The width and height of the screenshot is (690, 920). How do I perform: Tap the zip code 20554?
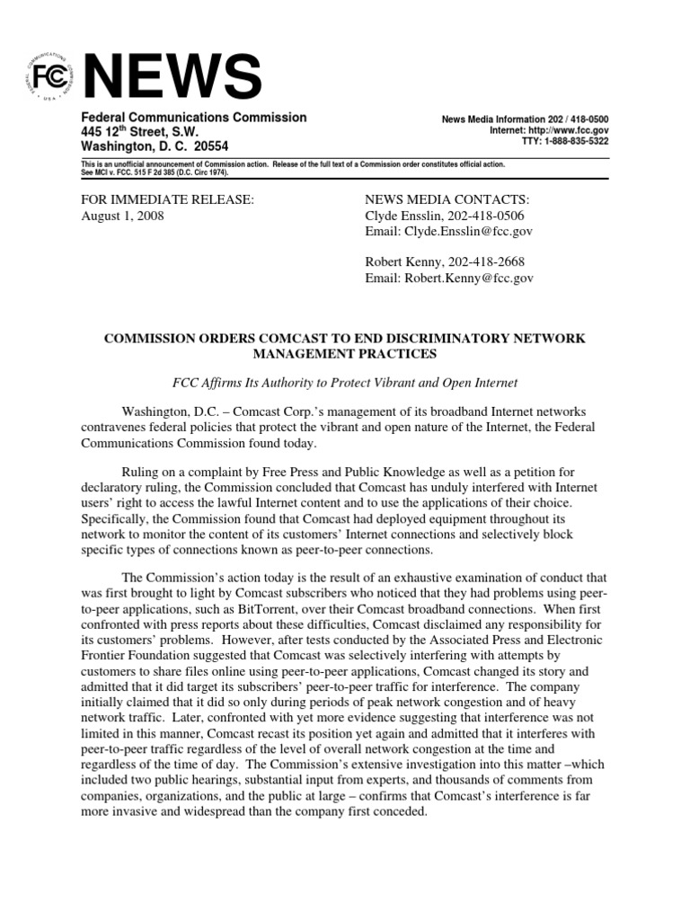pos(209,146)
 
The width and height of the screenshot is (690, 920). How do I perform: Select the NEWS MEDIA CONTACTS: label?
pos(447,199)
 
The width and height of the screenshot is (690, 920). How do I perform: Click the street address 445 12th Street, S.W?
pos(139,132)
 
